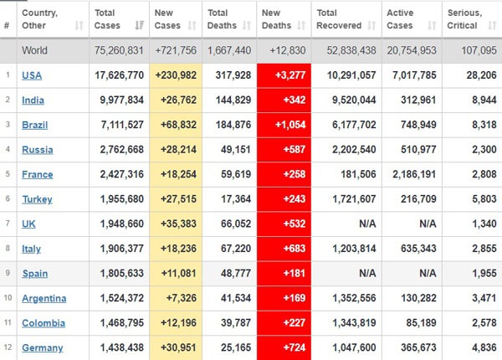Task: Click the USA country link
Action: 32,75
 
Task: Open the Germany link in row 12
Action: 43,347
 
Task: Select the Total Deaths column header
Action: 222,19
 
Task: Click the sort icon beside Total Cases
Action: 139,25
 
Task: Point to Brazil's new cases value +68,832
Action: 179,125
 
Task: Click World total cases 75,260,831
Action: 119,50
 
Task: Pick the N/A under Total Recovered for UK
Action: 367,224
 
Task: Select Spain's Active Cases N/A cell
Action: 428,273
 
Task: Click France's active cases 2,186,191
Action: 414,174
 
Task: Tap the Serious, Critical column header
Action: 464,19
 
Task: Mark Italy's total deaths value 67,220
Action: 236,249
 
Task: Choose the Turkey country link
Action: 37,199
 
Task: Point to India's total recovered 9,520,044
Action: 354,100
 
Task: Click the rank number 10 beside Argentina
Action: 8,297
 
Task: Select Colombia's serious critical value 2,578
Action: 484,323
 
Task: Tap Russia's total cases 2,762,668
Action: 121,150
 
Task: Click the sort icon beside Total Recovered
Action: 371,25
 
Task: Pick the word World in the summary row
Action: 34,50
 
